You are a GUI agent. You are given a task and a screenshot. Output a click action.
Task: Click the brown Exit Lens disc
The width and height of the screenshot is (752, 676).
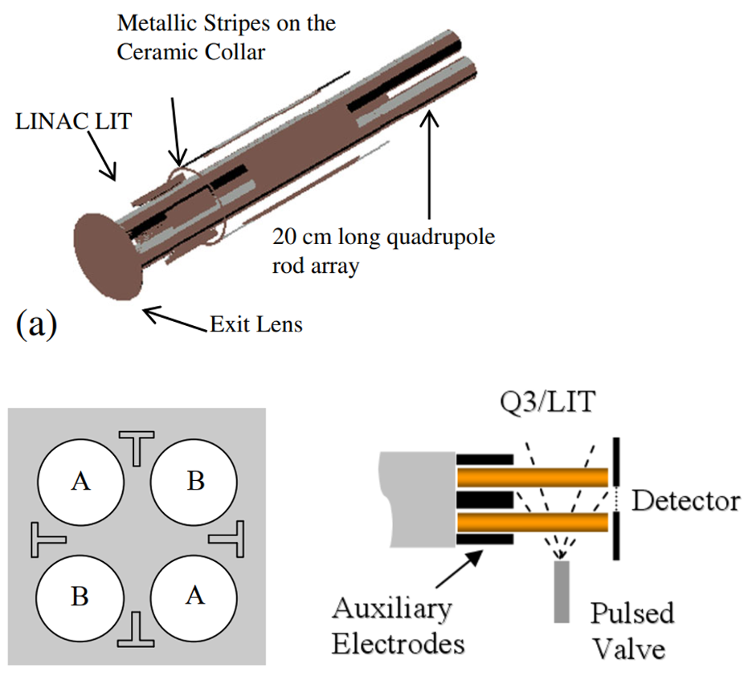(108, 257)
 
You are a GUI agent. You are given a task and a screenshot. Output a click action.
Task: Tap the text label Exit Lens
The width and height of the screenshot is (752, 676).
(256, 324)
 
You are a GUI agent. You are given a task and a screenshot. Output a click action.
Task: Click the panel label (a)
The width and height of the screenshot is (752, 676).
(36, 325)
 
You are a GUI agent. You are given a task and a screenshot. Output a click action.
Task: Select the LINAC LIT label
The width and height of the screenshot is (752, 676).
(73, 121)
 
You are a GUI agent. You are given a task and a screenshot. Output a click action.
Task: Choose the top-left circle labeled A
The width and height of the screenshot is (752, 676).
(80, 482)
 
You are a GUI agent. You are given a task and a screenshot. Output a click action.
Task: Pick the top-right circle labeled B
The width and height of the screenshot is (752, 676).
(194, 482)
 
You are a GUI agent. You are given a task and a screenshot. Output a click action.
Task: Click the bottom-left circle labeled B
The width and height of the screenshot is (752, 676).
(80, 597)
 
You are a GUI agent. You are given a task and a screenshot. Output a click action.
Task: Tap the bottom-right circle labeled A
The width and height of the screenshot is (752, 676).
(194, 597)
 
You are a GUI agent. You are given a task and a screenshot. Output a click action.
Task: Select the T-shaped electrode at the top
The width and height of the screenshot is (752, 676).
(137, 448)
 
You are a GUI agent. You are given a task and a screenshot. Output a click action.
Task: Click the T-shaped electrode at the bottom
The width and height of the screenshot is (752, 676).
(137, 629)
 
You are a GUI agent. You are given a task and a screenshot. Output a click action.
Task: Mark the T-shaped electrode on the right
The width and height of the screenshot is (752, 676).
(227, 539)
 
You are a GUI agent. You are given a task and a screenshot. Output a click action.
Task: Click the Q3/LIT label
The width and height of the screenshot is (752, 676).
(548, 401)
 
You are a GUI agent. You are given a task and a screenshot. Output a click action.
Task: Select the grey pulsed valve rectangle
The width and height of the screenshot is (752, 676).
(562, 592)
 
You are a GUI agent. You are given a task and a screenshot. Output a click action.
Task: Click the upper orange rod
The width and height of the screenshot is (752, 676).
(533, 478)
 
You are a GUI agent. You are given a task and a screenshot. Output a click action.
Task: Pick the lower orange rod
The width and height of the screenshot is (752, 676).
(533, 522)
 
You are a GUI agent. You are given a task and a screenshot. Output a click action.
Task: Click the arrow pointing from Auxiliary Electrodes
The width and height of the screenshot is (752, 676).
(459, 569)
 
